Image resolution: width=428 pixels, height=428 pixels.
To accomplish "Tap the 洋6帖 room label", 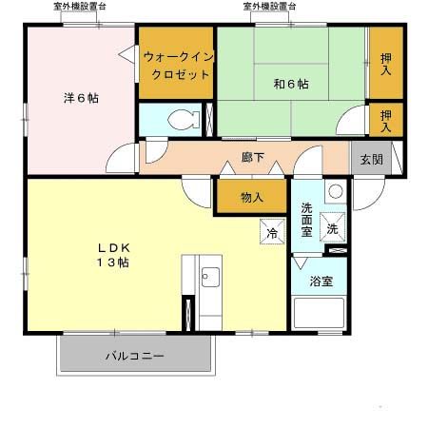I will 82,99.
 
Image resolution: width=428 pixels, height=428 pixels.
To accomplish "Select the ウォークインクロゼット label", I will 176,64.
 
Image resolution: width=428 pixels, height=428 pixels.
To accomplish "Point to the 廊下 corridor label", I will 252,156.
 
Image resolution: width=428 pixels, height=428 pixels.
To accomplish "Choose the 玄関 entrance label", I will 369,158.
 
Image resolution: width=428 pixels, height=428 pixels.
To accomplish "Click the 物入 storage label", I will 251,199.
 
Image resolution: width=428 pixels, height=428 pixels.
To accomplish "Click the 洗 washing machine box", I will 332,228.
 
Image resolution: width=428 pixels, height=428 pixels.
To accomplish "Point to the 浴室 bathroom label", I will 321,281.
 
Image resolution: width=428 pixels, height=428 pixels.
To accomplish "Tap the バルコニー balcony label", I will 134,357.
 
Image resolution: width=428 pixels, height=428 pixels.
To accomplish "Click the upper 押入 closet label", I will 384,64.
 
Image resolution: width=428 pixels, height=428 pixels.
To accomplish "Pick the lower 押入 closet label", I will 384,120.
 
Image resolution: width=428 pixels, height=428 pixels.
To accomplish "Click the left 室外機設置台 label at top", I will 80,7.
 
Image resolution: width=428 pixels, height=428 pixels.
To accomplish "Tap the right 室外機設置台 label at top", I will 269,7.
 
